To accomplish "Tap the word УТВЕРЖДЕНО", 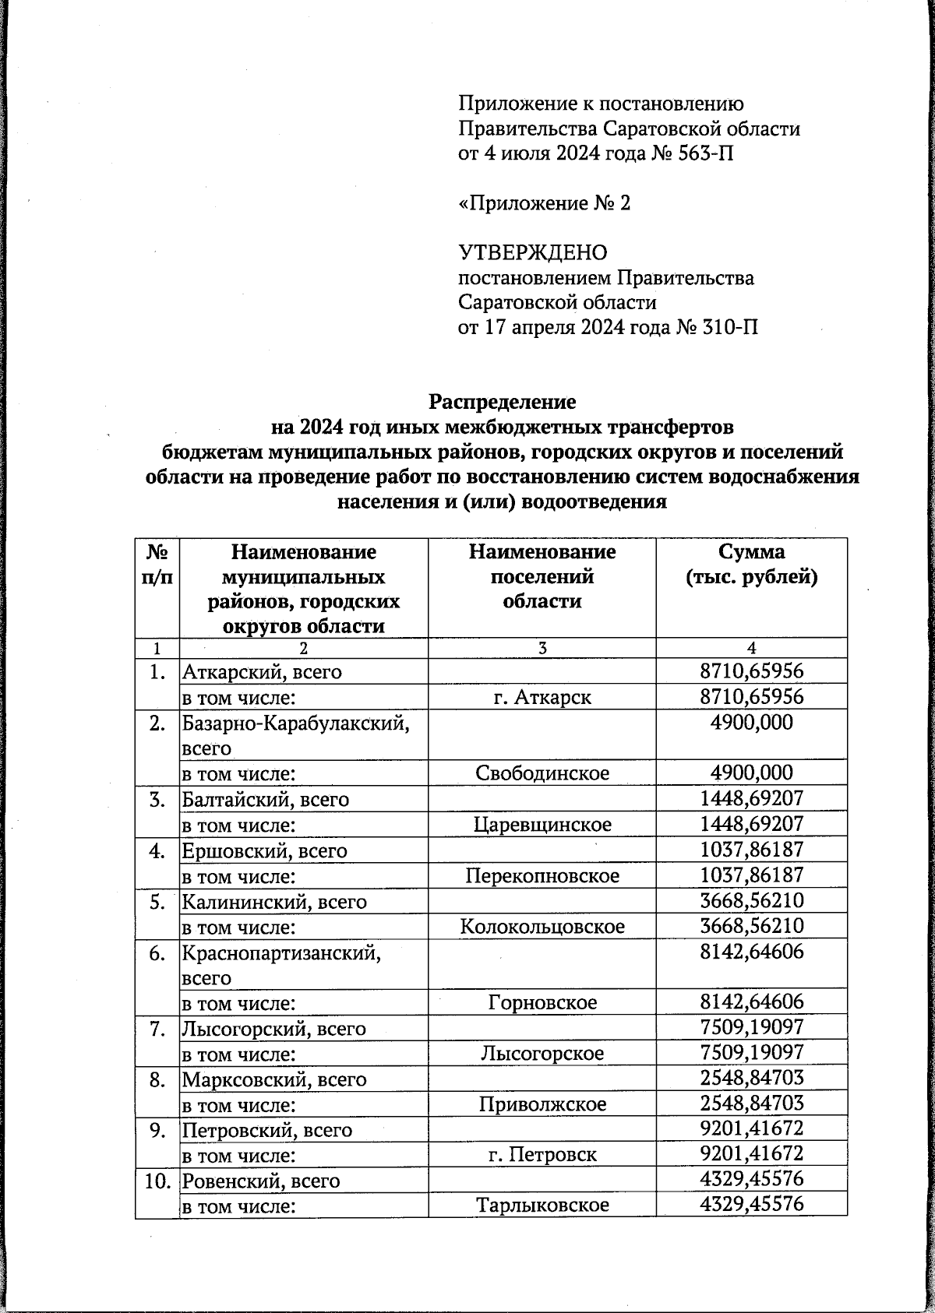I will (532, 253).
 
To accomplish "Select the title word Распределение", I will (503, 402).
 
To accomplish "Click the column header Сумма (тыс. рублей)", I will (751, 565).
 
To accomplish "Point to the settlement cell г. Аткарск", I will (542, 697).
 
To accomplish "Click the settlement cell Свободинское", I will (542, 773).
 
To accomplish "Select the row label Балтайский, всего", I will (265, 799).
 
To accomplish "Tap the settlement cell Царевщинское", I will (542, 824).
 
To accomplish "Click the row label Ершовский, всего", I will (264, 850).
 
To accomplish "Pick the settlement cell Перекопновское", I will (542, 875).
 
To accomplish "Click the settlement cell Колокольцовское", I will (542, 927).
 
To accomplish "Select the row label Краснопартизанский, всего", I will (281, 963).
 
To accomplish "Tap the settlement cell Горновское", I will (542, 1002).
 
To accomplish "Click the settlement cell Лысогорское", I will (542, 1054).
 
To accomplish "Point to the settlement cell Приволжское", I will (542, 1104).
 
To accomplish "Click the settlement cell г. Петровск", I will (542, 1154).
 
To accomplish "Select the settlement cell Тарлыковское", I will (542, 1206).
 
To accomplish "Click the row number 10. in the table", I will (157, 1181).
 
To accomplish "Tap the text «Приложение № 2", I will (544, 203).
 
